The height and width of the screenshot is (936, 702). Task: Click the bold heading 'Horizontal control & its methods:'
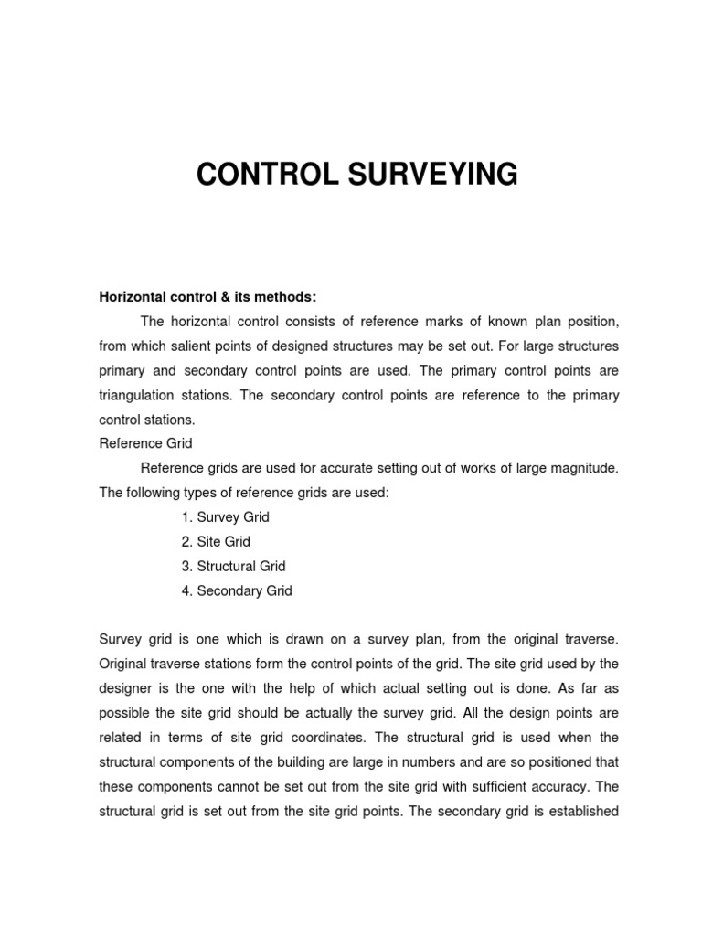[207, 297]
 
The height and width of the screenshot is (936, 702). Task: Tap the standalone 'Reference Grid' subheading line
[145, 443]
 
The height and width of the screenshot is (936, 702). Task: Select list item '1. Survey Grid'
[225, 517]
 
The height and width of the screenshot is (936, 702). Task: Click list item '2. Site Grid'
[215, 542]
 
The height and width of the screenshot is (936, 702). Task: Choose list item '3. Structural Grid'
[233, 567]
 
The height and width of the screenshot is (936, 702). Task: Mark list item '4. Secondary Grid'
[236, 591]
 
